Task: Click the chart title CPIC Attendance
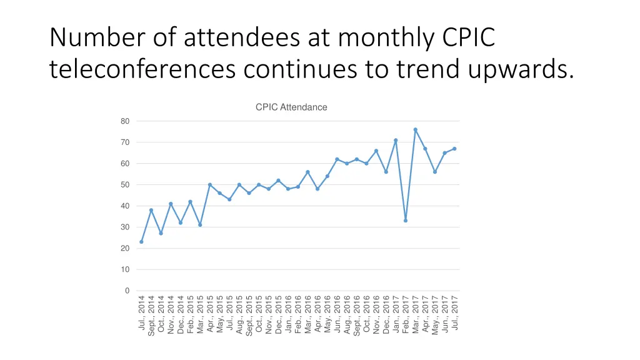pos(291,107)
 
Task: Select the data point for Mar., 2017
pos(415,129)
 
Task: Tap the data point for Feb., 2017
pos(406,221)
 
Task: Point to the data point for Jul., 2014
pos(141,242)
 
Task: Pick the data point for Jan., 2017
pos(396,140)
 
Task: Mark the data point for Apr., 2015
pos(210,184)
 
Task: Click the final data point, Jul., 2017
pos(454,149)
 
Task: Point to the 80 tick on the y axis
pos(126,121)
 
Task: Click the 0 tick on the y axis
pos(127,291)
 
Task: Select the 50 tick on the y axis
pos(126,185)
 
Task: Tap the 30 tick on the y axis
pos(126,227)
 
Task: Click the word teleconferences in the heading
pos(142,69)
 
